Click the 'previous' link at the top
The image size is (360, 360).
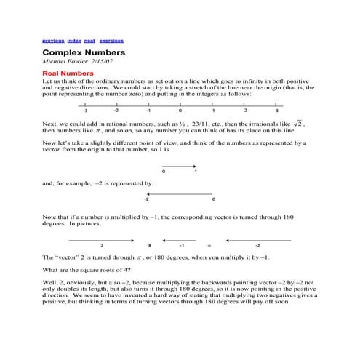53,41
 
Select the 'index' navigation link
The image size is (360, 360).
74,41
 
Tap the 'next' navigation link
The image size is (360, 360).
90,41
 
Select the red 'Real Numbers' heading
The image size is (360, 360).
68,74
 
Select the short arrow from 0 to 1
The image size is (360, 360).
180,164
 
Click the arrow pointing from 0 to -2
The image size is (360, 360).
180,193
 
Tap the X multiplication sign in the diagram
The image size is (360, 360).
149,245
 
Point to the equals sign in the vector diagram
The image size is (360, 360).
209,245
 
